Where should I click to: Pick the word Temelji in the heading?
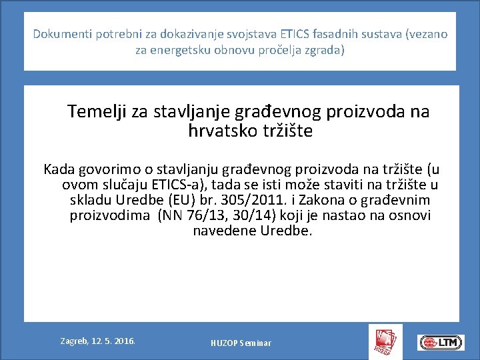click(x=97, y=111)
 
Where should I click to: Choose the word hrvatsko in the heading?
click(x=219, y=131)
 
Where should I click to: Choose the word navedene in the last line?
click(x=223, y=231)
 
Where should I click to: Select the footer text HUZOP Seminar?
click(x=241, y=343)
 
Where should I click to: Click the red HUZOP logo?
click(x=385, y=341)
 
